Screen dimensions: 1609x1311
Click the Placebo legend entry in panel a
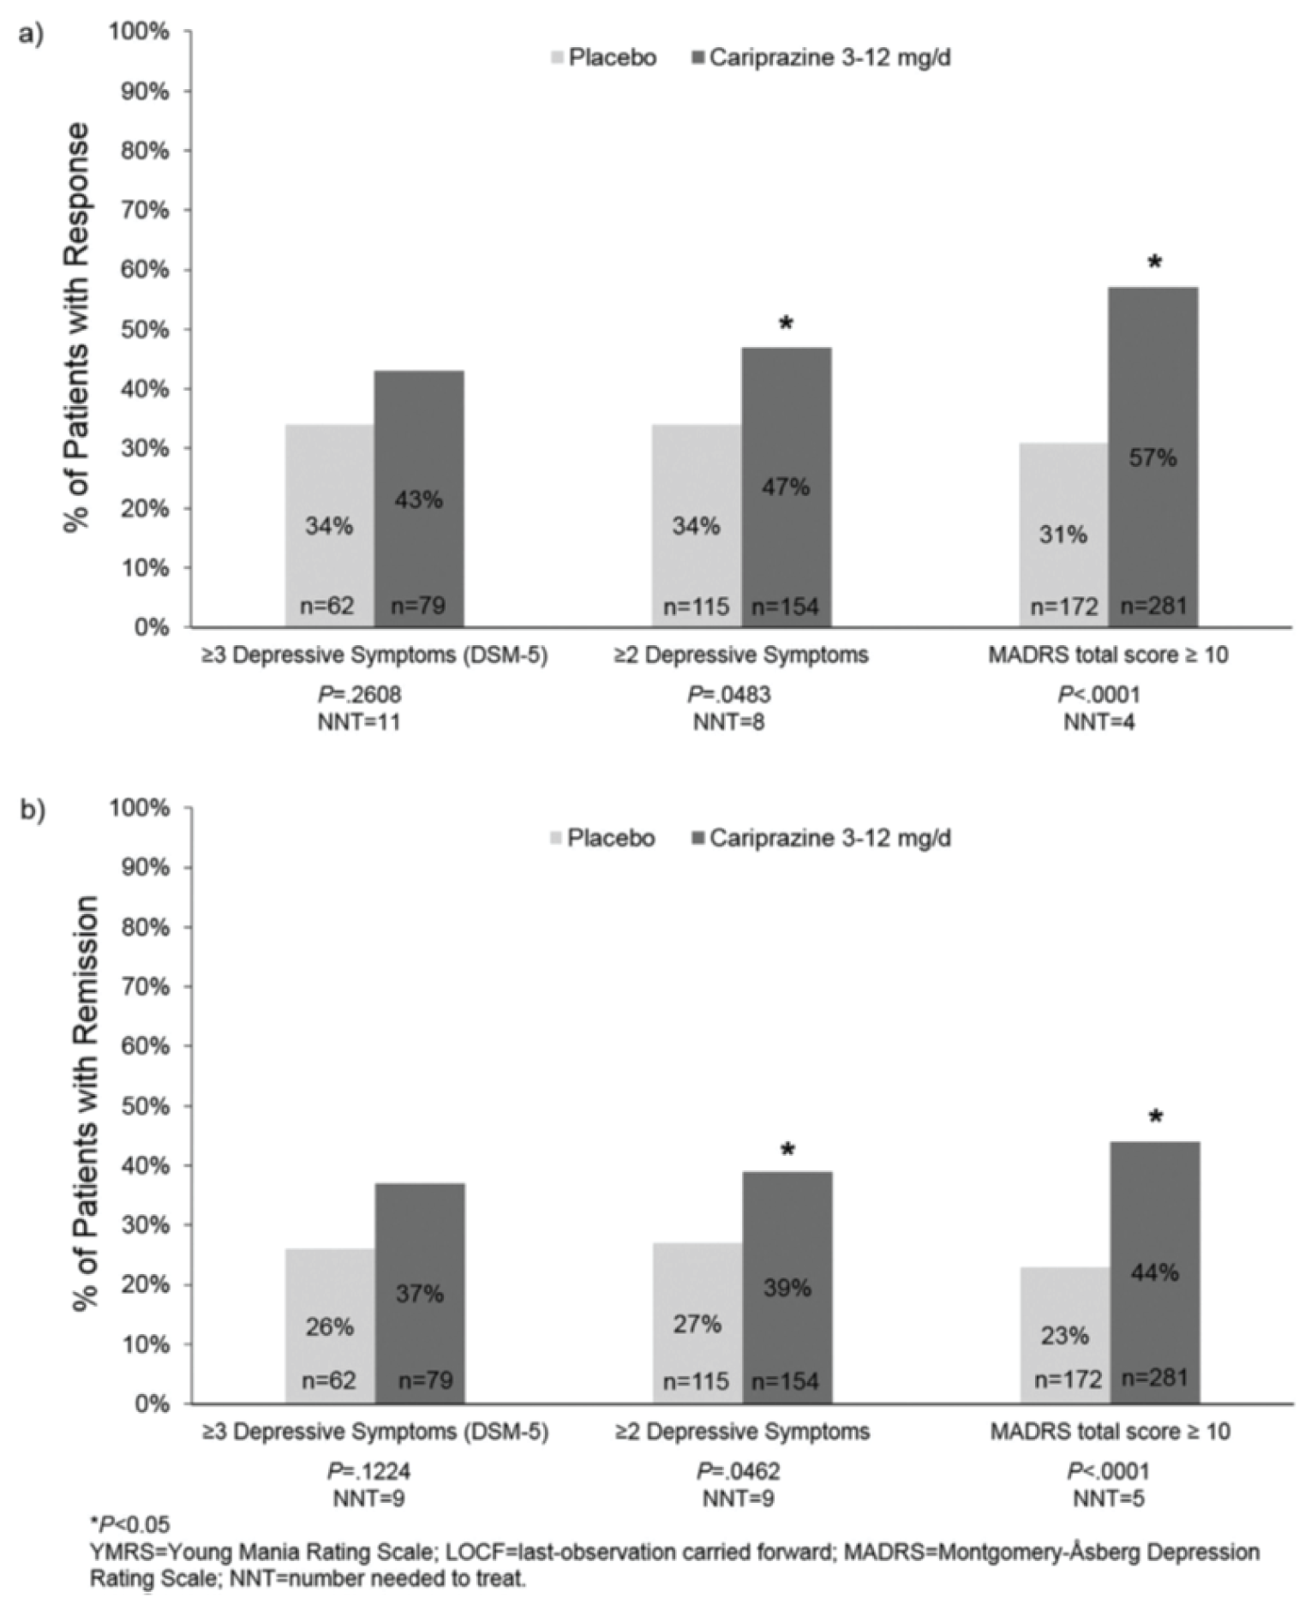[602, 57]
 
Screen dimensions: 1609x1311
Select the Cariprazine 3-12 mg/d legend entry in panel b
[820, 837]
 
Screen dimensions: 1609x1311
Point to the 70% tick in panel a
[145, 210]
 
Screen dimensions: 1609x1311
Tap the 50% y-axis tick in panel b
[145, 1106]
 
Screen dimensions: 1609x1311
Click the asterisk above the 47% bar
[787, 324]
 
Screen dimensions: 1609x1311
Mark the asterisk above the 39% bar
[787, 1150]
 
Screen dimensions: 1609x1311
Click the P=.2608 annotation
[360, 694]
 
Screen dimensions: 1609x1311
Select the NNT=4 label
[1099, 722]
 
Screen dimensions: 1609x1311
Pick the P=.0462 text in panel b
[738, 1471]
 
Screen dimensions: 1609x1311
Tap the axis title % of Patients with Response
[77, 327]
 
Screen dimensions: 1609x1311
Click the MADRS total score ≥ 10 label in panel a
[1108, 655]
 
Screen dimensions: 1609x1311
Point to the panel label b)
[33, 810]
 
